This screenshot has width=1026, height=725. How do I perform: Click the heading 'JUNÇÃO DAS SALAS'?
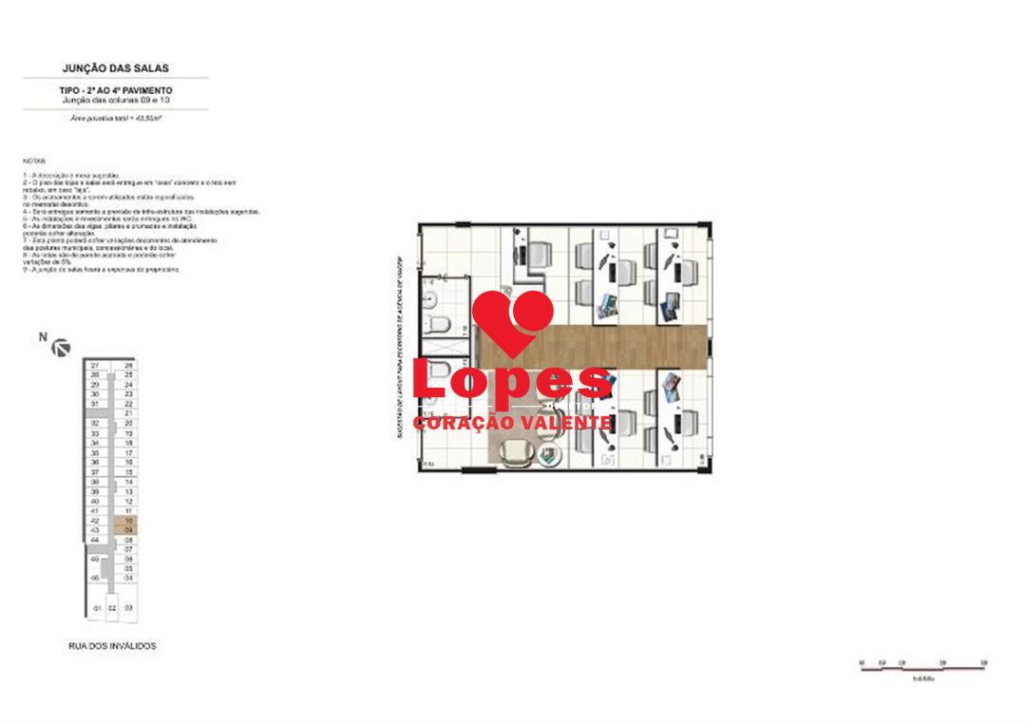(115, 68)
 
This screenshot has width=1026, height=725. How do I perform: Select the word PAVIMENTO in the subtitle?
(146, 89)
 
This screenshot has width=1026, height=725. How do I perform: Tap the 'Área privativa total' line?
(115, 118)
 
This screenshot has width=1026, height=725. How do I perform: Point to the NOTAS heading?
(32, 162)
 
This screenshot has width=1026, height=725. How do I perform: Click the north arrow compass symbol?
(62, 348)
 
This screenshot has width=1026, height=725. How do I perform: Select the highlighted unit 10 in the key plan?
(128, 521)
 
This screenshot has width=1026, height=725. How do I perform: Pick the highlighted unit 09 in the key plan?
(128, 530)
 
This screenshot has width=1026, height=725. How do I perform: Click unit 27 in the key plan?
(95, 365)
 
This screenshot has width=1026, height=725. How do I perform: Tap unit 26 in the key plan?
(128, 365)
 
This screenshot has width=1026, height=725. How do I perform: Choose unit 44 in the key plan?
(95, 540)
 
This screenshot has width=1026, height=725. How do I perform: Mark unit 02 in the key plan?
(111, 607)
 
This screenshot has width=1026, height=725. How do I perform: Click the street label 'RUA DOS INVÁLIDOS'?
(112, 646)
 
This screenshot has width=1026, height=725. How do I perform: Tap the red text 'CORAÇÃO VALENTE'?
(513, 423)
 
